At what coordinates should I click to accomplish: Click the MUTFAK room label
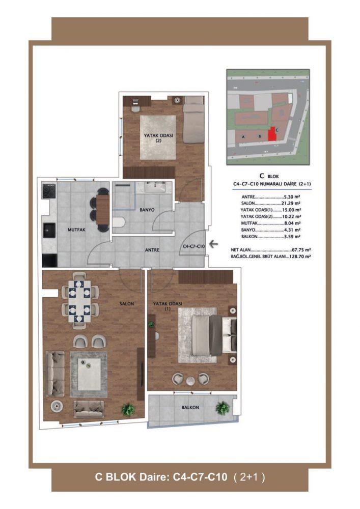pos(76,230)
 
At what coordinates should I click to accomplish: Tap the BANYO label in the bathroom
pos(147,210)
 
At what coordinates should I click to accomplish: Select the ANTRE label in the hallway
pos(152,250)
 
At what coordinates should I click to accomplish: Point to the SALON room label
pos(127,304)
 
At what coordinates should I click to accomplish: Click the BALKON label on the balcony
pos(190,407)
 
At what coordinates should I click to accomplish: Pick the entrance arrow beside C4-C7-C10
pos(213,244)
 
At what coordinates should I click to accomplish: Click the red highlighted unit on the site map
pos(272,134)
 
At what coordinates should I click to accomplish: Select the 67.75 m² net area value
pos(301,250)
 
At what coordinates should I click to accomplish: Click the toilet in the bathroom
pos(119,223)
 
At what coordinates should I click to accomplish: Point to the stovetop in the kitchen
pos(49,191)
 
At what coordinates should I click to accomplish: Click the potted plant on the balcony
pos(223,407)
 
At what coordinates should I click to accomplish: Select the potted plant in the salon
pos(128,410)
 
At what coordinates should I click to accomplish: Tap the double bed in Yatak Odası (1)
pos(214,335)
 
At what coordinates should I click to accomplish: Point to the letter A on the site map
pos(243,137)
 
